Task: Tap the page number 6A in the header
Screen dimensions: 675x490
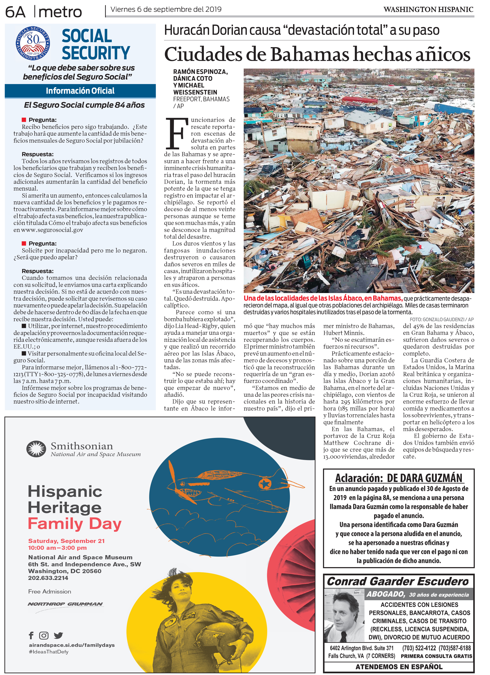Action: click(x=15, y=12)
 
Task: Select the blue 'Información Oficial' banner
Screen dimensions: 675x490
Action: click(x=80, y=91)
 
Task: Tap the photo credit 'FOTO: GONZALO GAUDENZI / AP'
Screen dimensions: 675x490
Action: click(x=442, y=319)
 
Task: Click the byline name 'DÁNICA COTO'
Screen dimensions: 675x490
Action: click(x=193, y=79)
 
